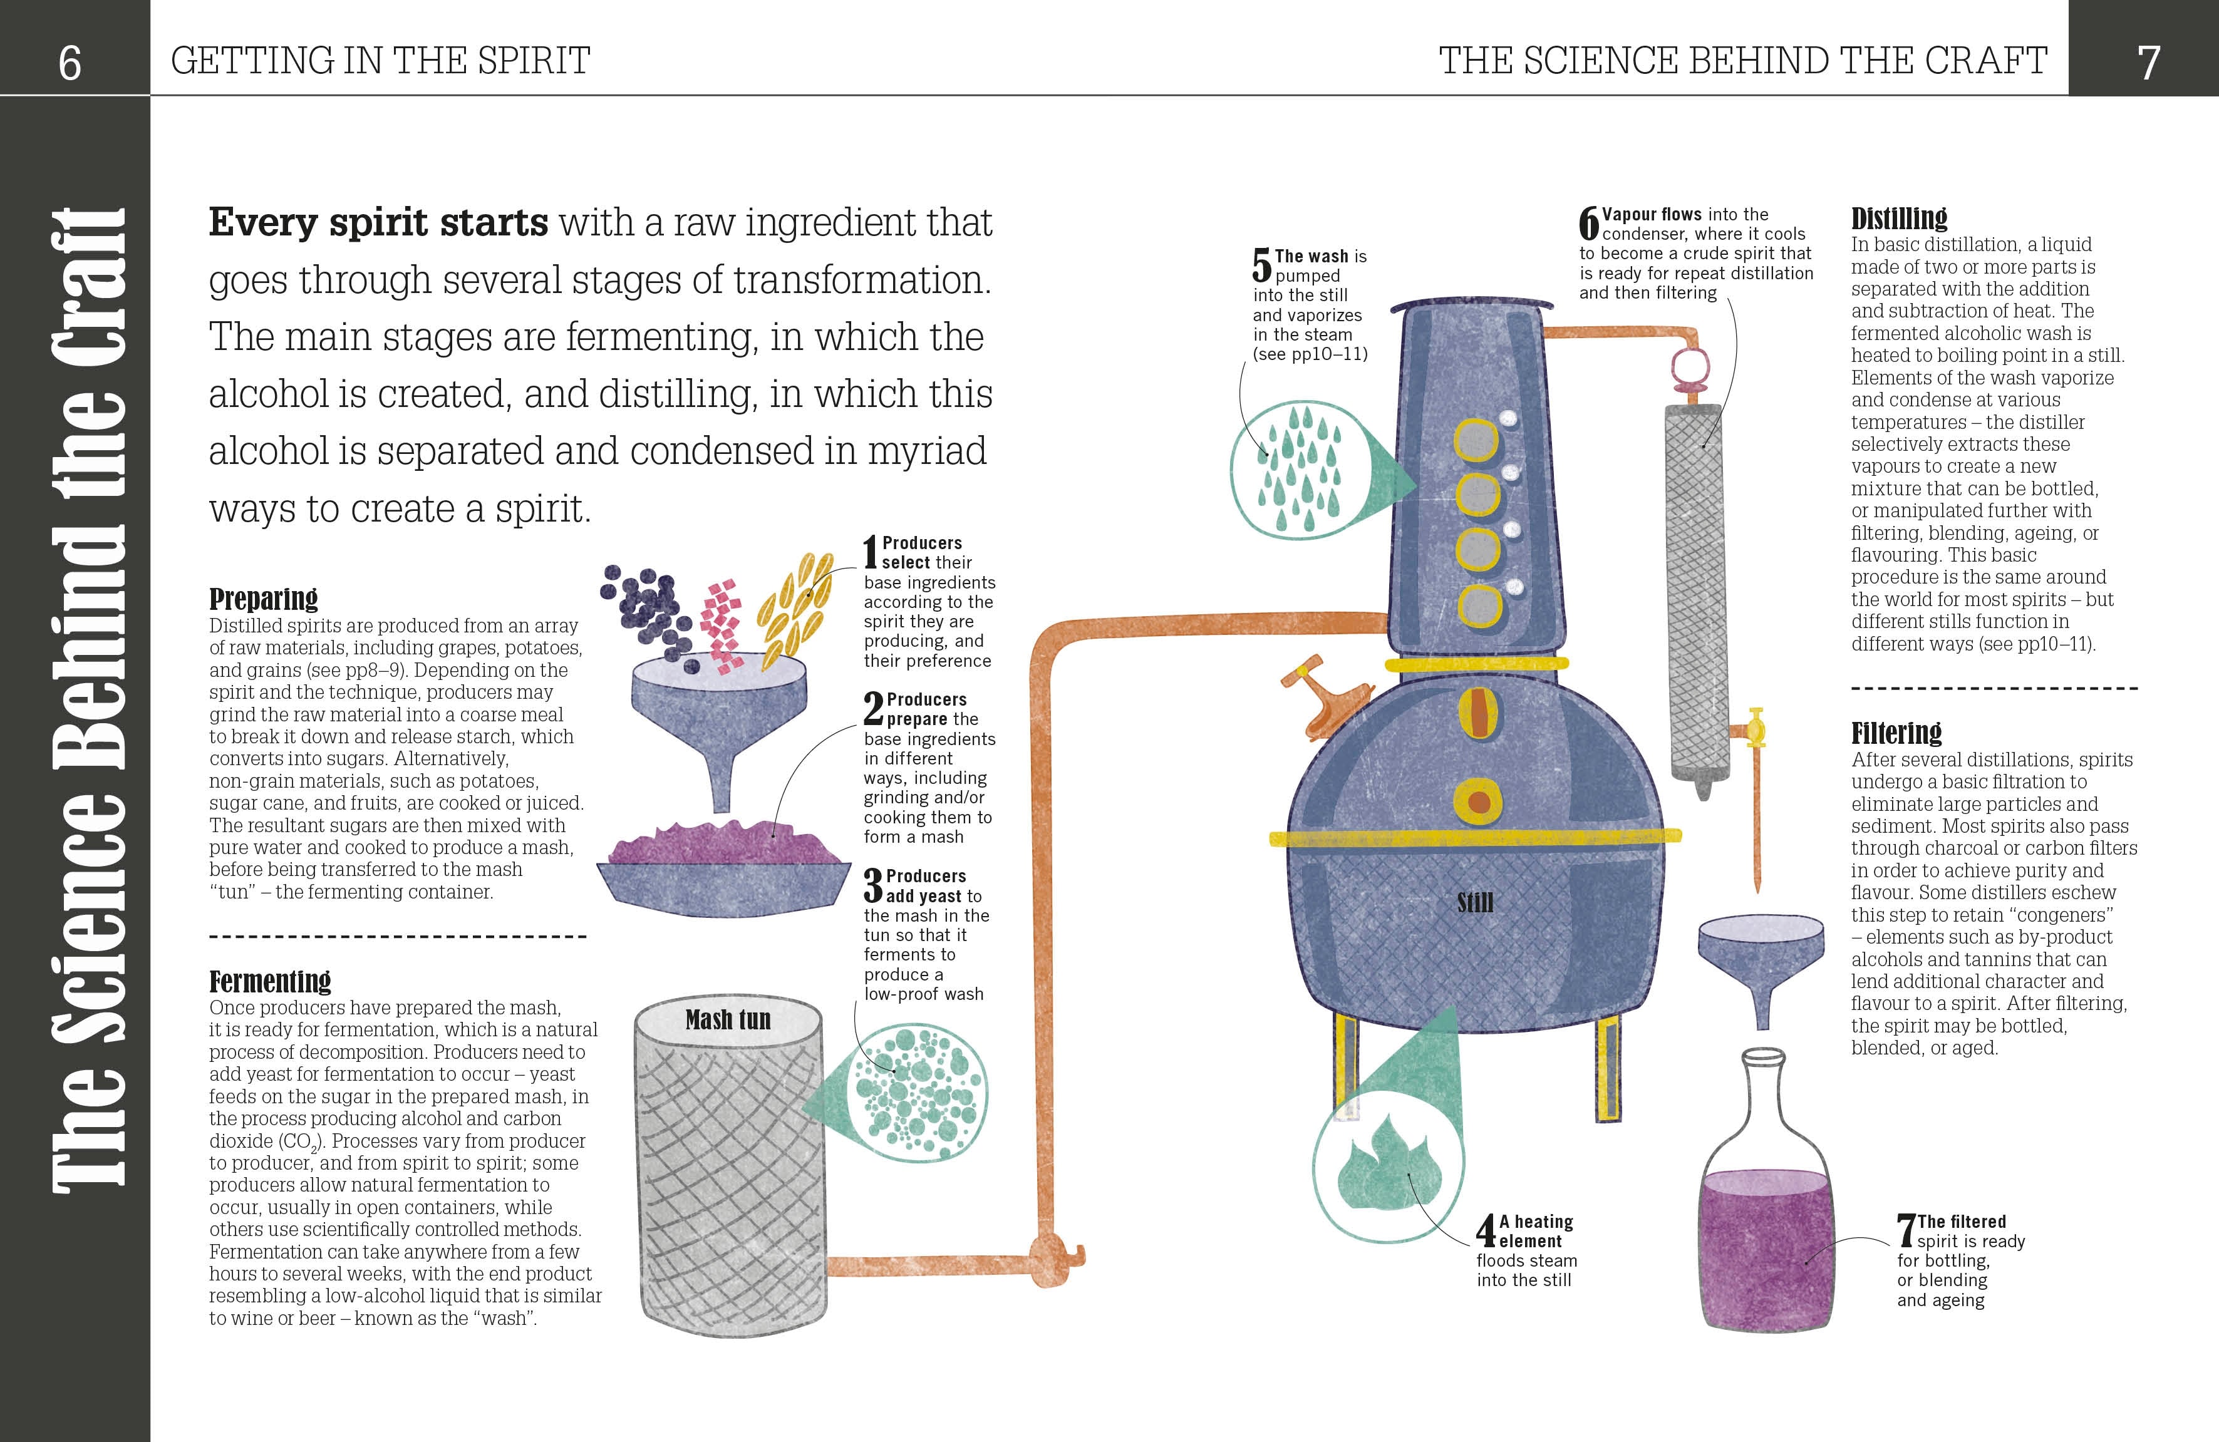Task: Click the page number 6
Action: pos(70,63)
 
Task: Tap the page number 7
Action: pos(2148,63)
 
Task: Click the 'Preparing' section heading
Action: pos(263,599)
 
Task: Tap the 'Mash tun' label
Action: pos(728,1020)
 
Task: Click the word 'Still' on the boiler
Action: pos(1475,902)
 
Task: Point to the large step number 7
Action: pos(1906,1230)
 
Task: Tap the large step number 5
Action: pos(1261,265)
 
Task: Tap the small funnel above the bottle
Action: pos(1761,960)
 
